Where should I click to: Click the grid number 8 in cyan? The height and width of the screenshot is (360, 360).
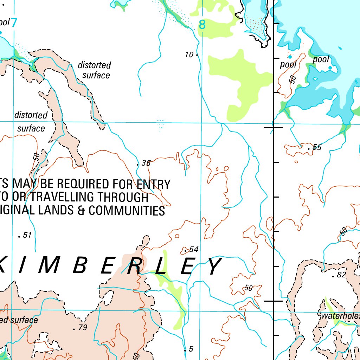pyautogui.click(x=202, y=25)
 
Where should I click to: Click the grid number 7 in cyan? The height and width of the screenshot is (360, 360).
pyautogui.click(x=14, y=23)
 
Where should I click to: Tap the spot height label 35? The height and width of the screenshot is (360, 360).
pyautogui.click(x=146, y=163)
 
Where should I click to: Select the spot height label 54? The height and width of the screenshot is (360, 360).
pyautogui.click(x=194, y=249)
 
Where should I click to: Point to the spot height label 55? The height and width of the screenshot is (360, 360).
pyautogui.click(x=317, y=147)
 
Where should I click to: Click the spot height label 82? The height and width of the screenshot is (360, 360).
pyautogui.click(x=341, y=275)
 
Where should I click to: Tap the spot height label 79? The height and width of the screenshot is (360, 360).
pyautogui.click(x=83, y=328)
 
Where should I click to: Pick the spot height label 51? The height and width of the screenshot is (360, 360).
pyautogui.click(x=27, y=235)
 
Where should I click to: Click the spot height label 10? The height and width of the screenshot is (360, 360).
pyautogui.click(x=189, y=54)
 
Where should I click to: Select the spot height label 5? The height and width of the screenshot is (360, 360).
pyautogui.click(x=191, y=349)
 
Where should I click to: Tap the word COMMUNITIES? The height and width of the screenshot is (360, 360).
pyautogui.click(x=127, y=211)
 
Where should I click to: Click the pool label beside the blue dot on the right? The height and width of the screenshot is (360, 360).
pyautogui.click(x=321, y=59)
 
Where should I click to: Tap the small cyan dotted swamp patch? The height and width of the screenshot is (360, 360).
pyautogui.click(x=160, y=124)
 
